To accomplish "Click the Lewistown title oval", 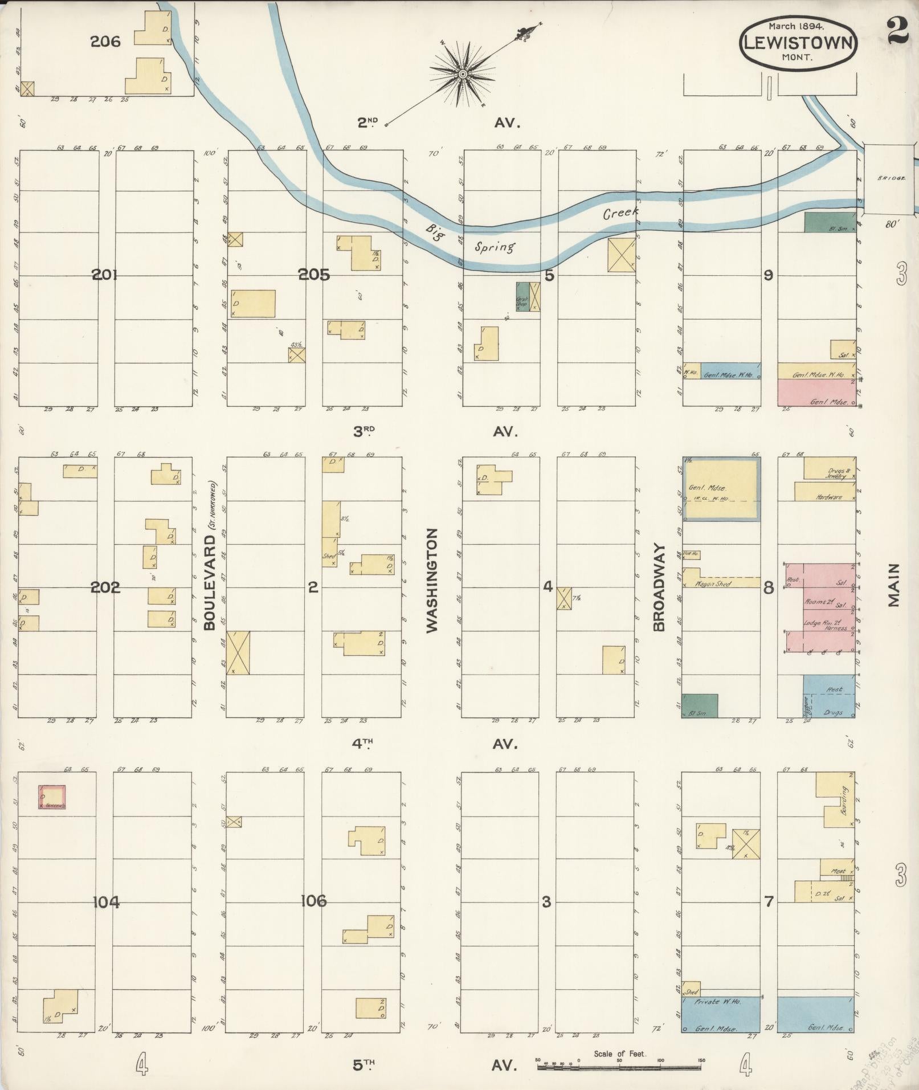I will [798, 42].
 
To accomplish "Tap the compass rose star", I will [463, 74].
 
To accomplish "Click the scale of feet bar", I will [620, 1064].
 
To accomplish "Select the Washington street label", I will [432, 580].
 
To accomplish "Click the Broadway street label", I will [659, 587].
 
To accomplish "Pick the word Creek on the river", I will [620, 214].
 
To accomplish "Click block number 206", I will [105, 41].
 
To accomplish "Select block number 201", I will [105, 275].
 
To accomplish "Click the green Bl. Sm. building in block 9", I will [830, 222].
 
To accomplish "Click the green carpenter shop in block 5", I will [522, 297].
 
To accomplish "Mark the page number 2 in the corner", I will [897, 31].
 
